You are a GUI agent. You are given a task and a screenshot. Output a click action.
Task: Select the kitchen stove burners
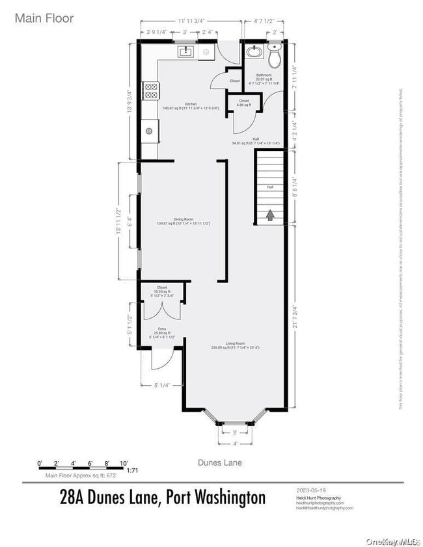pyautogui.click(x=150, y=90)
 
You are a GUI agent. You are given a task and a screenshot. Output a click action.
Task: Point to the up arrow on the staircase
pyautogui.click(x=270, y=214)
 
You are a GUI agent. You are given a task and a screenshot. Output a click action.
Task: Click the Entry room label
pyautogui.click(x=161, y=329)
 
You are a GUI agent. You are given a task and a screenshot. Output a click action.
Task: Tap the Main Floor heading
pyautogui.click(x=44, y=18)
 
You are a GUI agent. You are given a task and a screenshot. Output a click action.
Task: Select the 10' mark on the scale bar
pyautogui.click(x=124, y=462)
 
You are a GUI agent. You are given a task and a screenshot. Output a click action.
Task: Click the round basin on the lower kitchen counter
pyautogui.click(x=149, y=131)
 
